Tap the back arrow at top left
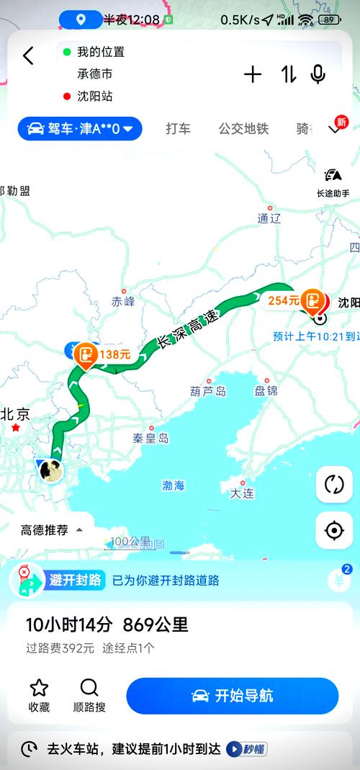(29, 56)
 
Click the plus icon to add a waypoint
(253, 74)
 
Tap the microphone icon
(318, 74)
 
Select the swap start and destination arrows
(289, 74)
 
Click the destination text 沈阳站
(95, 96)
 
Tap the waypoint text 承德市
(95, 73)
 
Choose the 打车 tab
(178, 129)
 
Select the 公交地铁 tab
(243, 129)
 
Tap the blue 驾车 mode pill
(80, 129)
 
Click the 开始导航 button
(232, 696)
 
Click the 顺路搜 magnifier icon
(89, 687)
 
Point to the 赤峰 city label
(123, 302)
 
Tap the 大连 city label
(242, 493)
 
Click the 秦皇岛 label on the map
(150, 437)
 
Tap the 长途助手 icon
(333, 182)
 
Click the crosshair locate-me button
(334, 531)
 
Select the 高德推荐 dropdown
(50, 530)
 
